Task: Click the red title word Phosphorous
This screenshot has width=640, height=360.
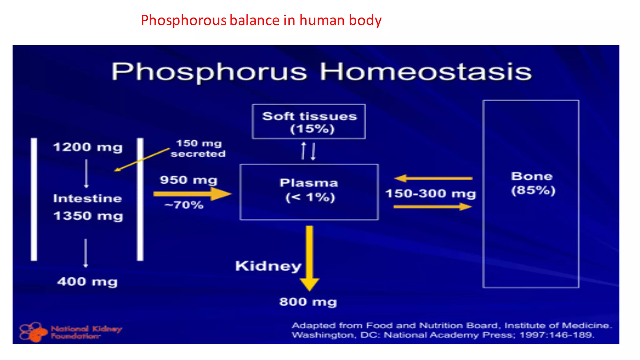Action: pos(183,21)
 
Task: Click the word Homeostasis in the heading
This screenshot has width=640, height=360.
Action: pos(425,72)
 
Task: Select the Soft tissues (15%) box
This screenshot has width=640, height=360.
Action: pos(309,122)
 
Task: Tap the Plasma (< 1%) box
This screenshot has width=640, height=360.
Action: pos(309,191)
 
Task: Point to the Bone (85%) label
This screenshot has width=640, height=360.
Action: pos(532,183)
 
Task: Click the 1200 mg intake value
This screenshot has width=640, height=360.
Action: pos(88,147)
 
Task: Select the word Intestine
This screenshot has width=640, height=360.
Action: pos(87,198)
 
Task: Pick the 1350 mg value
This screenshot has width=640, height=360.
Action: pos(88,216)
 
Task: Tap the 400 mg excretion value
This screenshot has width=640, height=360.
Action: pos(87,282)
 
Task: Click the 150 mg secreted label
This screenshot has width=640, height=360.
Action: pos(198,148)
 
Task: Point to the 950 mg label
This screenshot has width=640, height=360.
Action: pos(188,180)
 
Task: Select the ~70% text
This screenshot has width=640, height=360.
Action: pos(184,205)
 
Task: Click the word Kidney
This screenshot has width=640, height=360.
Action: pos(268,266)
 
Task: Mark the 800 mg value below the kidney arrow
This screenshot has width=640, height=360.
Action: pos(308,302)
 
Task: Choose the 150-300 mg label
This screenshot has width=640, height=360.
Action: pos(431,194)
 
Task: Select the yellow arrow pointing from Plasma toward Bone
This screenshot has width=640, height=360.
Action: pos(432,207)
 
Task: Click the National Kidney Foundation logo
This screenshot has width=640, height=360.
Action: pos(70,332)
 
